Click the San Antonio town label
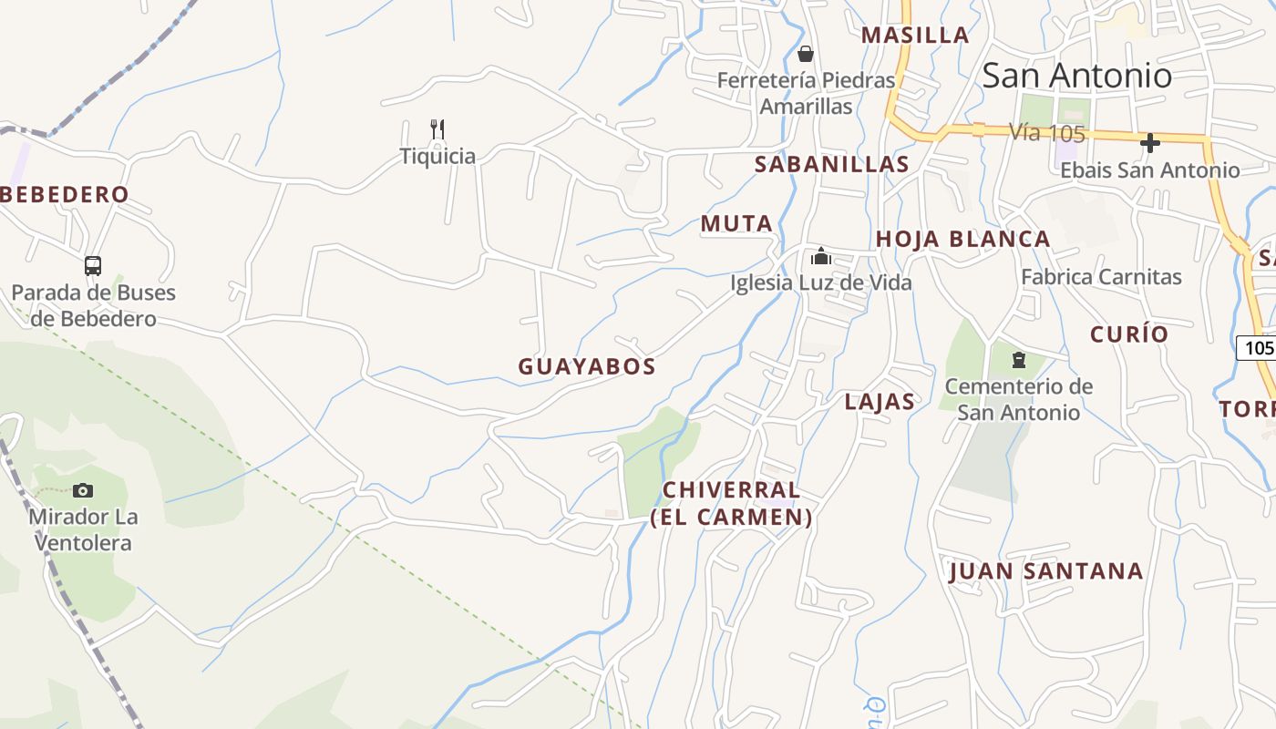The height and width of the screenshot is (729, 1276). click(1076, 76)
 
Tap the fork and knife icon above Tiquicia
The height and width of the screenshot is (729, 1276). click(437, 129)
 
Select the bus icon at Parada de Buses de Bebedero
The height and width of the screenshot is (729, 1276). click(93, 266)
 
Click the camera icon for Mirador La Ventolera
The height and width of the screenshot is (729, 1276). click(83, 491)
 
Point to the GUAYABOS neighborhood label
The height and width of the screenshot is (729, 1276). click(587, 366)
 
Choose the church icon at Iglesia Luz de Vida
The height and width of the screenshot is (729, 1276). click(821, 256)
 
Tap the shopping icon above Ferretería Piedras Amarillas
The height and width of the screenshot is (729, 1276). click(805, 54)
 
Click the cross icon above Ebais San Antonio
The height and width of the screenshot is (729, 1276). click(1150, 143)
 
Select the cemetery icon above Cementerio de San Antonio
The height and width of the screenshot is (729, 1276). click(1019, 360)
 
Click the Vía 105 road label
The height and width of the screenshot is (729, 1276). click(1047, 132)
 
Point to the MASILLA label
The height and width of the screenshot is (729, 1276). click(915, 35)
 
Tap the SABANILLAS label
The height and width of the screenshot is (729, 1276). click(832, 164)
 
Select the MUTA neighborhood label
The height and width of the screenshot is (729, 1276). click(736, 223)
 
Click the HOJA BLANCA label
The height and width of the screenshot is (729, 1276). click(962, 239)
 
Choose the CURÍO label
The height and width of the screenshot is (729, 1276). click(1129, 334)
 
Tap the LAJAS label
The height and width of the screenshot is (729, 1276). click(880, 402)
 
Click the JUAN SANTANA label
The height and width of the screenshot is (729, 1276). click(1045, 571)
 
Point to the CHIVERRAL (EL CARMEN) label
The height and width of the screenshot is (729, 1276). click(731, 503)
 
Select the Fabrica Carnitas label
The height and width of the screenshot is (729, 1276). click(1101, 277)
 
